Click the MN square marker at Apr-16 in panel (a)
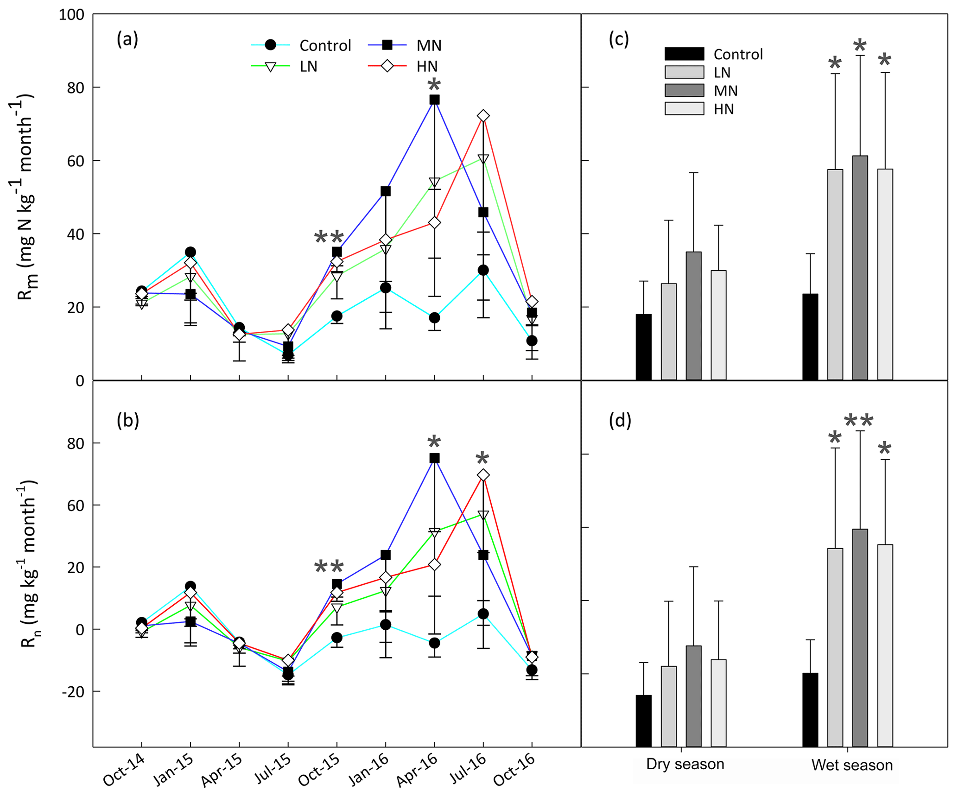434,100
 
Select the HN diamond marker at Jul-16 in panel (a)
483,116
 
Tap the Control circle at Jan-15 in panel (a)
190,252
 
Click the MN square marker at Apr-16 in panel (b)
434,458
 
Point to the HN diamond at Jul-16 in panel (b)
483,475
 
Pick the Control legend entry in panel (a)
301,45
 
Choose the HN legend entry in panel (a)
403,66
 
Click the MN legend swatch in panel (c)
684,90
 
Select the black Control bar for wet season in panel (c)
810,337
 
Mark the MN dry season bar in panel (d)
694,696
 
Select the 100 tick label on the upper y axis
71,15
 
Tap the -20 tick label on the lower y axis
72,691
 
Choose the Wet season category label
852,765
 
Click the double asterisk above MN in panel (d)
858,421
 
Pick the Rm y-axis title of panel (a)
27,197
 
